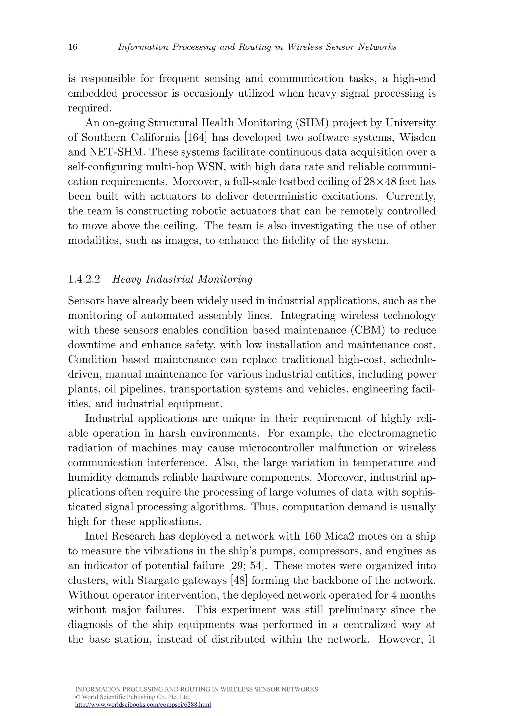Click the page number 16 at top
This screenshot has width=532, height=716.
[x=73, y=47]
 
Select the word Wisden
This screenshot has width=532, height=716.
[x=417, y=137]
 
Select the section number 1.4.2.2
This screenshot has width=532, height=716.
[x=84, y=279]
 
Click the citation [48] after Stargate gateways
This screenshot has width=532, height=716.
[x=239, y=580]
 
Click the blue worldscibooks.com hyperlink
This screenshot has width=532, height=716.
[x=143, y=704]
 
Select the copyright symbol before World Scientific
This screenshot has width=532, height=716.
[x=77, y=697]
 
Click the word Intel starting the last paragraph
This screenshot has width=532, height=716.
[x=97, y=536]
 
